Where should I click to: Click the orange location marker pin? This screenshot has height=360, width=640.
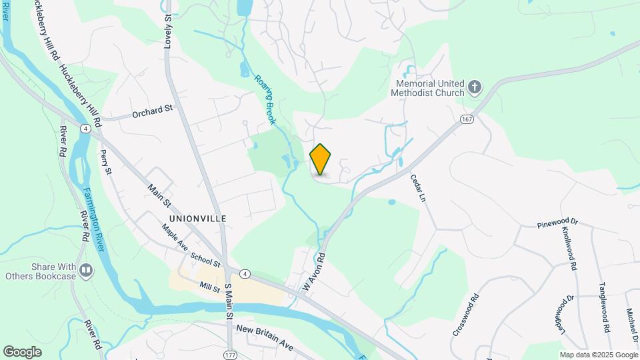(321, 159)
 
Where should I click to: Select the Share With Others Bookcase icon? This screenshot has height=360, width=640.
(86, 270)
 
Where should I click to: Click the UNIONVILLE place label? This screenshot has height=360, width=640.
(198, 219)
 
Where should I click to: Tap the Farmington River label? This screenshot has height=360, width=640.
(94, 219)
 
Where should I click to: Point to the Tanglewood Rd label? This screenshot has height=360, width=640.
(604, 305)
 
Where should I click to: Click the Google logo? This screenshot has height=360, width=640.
(23, 351)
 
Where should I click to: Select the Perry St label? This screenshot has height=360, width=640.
(106, 162)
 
